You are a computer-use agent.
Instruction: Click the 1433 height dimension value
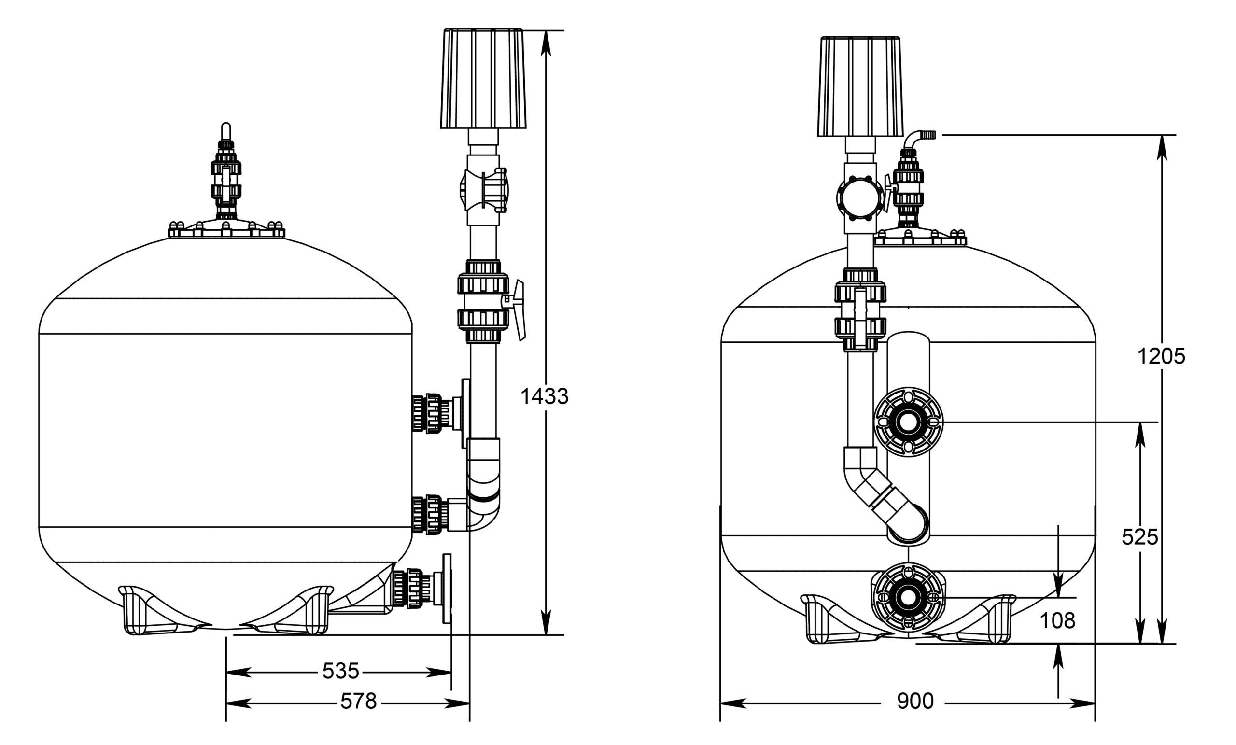coord(544,397)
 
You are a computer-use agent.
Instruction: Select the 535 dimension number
coord(340,671)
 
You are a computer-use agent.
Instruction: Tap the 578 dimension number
coord(358,702)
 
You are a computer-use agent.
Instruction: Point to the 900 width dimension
coord(915,702)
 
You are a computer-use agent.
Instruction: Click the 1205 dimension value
coord(1161,357)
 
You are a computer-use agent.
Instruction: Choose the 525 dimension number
coord(1140,537)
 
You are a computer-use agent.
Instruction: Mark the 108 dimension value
coord(1057,621)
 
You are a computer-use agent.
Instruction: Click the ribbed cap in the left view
coord(483,78)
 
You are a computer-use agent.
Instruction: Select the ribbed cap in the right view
coord(860,86)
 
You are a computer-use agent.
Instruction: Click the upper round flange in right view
coord(908,422)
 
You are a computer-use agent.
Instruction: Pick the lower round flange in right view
coord(908,596)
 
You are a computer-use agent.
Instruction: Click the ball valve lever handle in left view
coord(519,311)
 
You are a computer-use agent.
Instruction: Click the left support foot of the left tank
coord(151,612)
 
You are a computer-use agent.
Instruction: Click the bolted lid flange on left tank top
coord(226,231)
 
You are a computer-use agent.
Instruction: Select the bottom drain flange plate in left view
coord(447,589)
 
